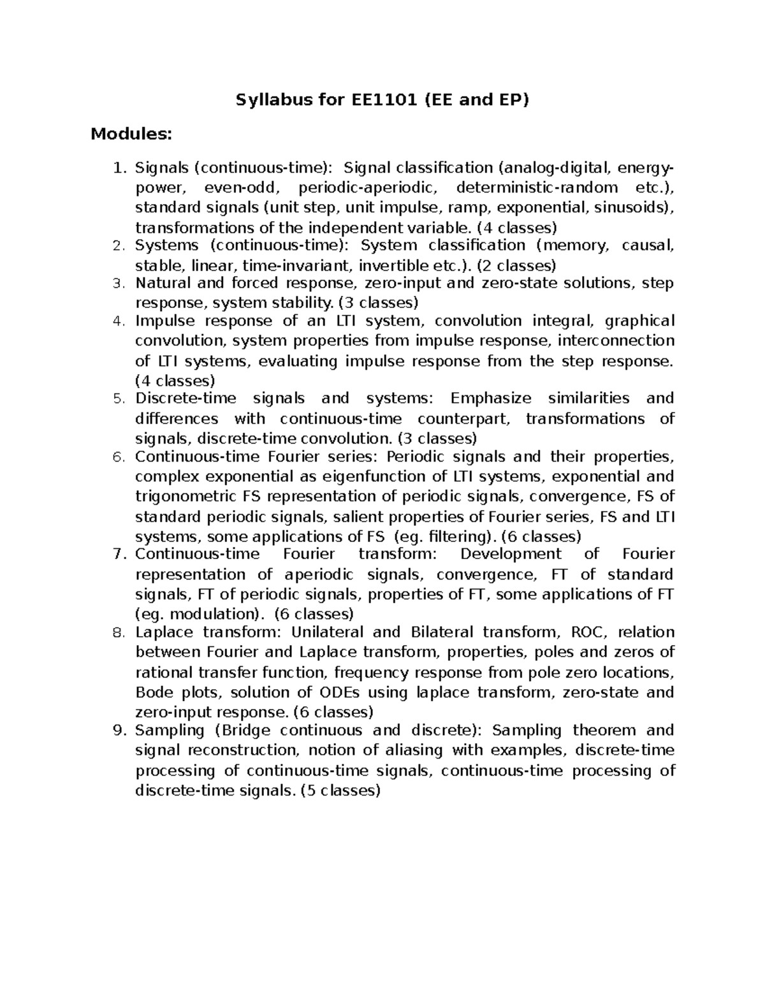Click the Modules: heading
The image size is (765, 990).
131,135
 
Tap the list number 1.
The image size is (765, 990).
117,168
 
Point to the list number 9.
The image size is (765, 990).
117,731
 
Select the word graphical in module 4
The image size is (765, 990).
639,321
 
